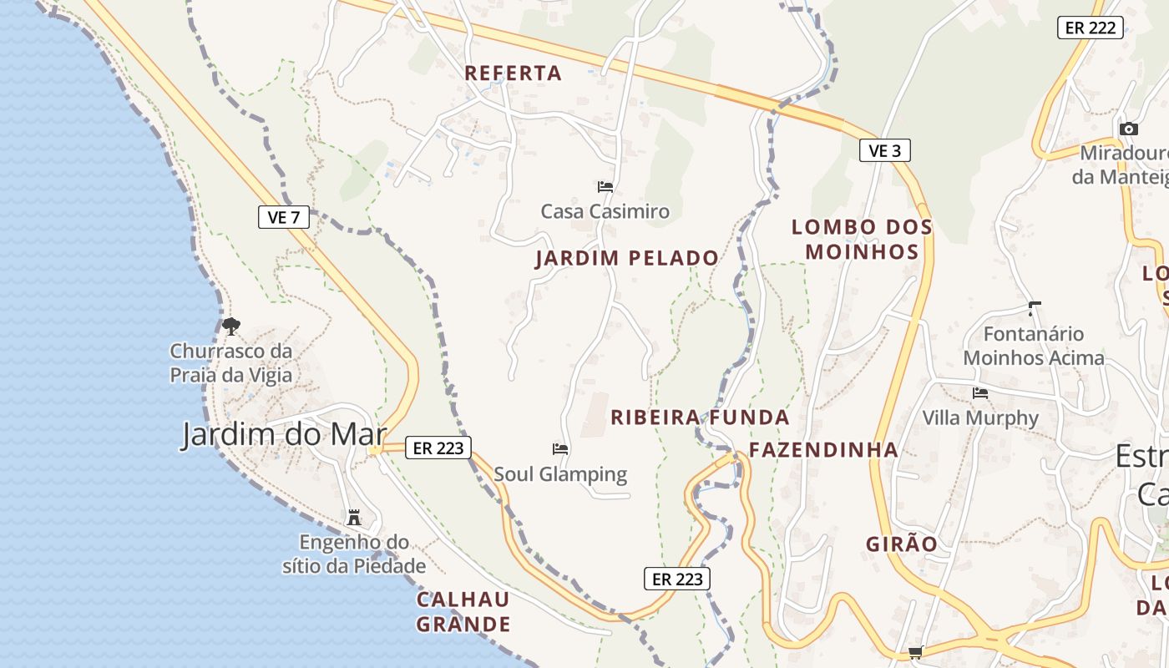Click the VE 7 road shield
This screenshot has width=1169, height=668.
pos(284,218)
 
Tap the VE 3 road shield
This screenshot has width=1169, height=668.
pos(884,150)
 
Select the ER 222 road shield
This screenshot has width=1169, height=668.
pos(1091,28)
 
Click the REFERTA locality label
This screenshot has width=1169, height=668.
pos(513,73)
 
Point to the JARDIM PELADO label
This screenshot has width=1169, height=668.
pos(626,258)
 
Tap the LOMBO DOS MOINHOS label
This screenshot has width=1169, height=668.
pos(861,239)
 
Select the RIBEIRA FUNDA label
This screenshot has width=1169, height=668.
pos(700,417)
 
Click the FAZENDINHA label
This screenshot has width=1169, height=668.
pos(823,450)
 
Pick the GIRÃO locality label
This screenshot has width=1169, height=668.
pos(901,544)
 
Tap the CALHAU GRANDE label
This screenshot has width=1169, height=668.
pos(463,611)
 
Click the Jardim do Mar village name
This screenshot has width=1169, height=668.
pos(284,435)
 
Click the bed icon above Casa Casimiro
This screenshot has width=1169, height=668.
pos(605,187)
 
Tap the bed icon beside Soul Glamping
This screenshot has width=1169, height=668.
pos(560,449)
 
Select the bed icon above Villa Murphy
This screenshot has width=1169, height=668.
pos(980,392)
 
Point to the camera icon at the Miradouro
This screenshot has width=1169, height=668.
pos(1128,129)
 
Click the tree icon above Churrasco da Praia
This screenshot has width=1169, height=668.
pos(231,326)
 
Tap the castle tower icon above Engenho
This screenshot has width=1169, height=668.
pos(354,518)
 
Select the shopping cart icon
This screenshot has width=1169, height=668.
pos(916,652)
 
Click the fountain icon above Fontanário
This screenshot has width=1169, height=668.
pos(1035,309)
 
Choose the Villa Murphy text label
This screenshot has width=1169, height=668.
pos(980,417)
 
